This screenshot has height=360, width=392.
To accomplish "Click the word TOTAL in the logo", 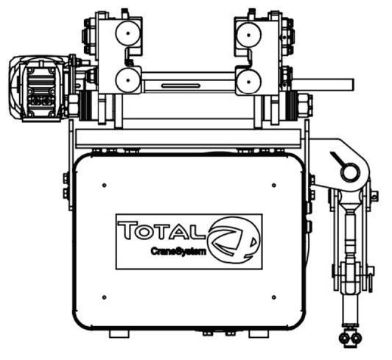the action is [160, 230].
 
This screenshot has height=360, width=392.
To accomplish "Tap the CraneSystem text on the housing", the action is [178, 251].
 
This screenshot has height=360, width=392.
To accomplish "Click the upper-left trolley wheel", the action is [128, 34].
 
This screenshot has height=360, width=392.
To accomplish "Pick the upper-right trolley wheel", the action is [248, 35].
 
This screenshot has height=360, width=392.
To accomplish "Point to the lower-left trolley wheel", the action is [128, 80].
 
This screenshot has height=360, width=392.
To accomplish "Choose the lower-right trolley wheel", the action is [248, 81].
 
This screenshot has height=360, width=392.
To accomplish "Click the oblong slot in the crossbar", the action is [181, 86].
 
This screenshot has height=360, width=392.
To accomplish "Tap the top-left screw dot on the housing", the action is [104, 185].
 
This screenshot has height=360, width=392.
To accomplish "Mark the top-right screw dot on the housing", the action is [274, 185].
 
